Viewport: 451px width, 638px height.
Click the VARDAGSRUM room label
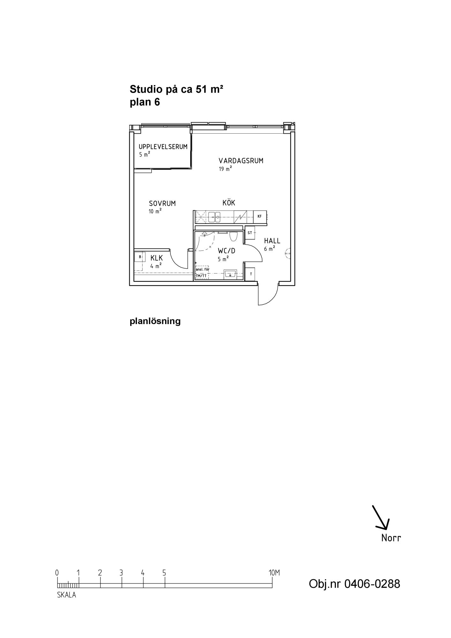241,161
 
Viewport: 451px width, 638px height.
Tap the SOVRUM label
162,204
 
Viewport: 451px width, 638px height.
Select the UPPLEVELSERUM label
163,147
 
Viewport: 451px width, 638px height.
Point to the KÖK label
229,203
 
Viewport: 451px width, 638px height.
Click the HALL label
272,241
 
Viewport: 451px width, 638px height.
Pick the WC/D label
227,251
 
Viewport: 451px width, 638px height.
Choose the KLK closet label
157,258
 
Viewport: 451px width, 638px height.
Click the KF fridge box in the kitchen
259,217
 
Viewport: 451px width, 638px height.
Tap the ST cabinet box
250,233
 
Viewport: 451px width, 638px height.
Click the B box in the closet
140,256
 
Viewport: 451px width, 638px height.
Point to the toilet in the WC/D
233,236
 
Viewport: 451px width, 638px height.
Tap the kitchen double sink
214,217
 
